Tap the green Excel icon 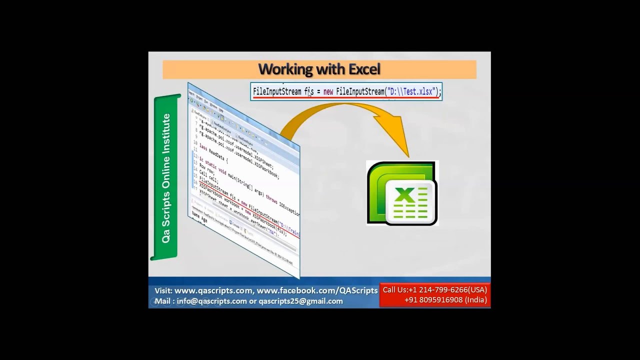pyautogui.click(x=402, y=193)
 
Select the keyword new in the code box pyautogui.click(x=328, y=92)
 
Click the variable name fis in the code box pyautogui.click(x=308, y=92)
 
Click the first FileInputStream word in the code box pyautogui.click(x=277, y=92)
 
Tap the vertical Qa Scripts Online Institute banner pyautogui.click(x=166, y=178)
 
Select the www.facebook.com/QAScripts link pyautogui.click(x=317, y=290)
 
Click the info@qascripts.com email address pyautogui.click(x=211, y=301)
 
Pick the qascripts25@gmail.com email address pyautogui.click(x=300, y=301)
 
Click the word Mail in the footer pyautogui.click(x=162, y=301)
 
